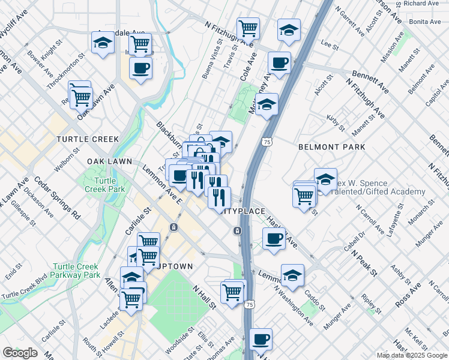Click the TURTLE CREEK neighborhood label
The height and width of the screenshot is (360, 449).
[x=88, y=139]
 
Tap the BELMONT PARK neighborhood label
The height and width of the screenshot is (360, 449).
[x=332, y=147]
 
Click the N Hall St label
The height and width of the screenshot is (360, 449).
[x=204, y=297]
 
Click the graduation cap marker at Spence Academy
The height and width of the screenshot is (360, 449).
[x=325, y=179]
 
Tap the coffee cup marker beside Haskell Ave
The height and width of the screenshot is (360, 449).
[x=274, y=239]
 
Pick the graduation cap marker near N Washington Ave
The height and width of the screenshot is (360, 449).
[x=292, y=275]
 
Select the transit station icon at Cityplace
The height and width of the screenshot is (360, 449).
[x=238, y=230]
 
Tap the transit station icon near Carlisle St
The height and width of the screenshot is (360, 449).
[x=173, y=227]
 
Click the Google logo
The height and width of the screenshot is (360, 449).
[x=20, y=353]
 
